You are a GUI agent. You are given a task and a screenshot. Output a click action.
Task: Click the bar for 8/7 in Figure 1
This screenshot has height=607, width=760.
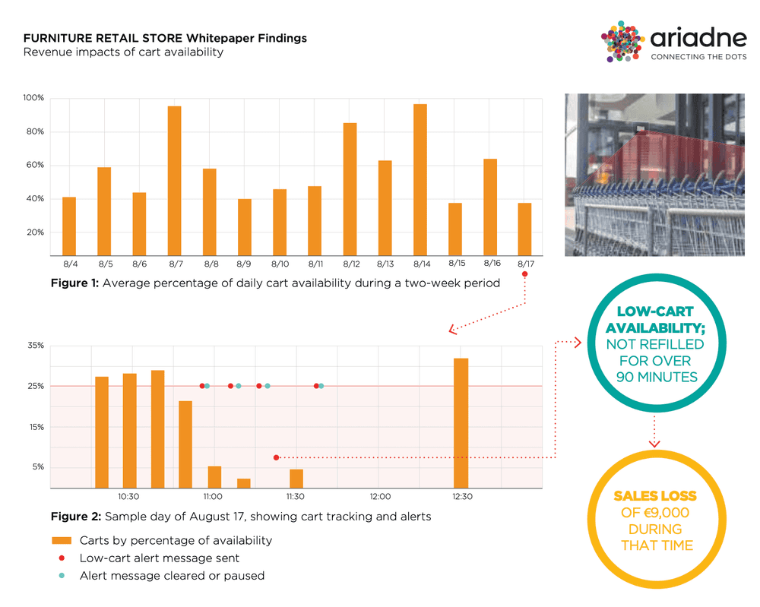174,181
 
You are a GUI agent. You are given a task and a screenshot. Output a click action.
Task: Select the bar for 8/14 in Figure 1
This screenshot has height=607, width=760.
420,180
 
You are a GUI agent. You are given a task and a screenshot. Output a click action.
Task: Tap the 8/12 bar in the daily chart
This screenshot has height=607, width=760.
350,189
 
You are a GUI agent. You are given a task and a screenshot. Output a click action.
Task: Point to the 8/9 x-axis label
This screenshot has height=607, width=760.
244,264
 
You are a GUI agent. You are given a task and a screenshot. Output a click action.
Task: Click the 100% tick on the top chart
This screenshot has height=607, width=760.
33,98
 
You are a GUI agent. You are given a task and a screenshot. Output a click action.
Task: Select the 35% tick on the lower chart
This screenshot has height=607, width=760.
36,346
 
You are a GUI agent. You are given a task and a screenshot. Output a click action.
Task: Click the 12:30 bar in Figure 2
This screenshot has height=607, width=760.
461,423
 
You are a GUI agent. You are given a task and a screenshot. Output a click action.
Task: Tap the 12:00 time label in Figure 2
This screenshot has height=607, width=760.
379,497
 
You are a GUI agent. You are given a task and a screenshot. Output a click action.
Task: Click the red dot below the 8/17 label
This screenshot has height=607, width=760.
524,274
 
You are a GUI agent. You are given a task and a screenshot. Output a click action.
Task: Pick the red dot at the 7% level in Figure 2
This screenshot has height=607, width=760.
276,457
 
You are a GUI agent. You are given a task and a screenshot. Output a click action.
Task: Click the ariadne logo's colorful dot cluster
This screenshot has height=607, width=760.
623,43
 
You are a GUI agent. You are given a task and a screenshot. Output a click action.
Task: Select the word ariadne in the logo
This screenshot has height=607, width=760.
692,36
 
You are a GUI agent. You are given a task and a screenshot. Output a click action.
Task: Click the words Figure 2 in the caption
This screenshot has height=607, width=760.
74,517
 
